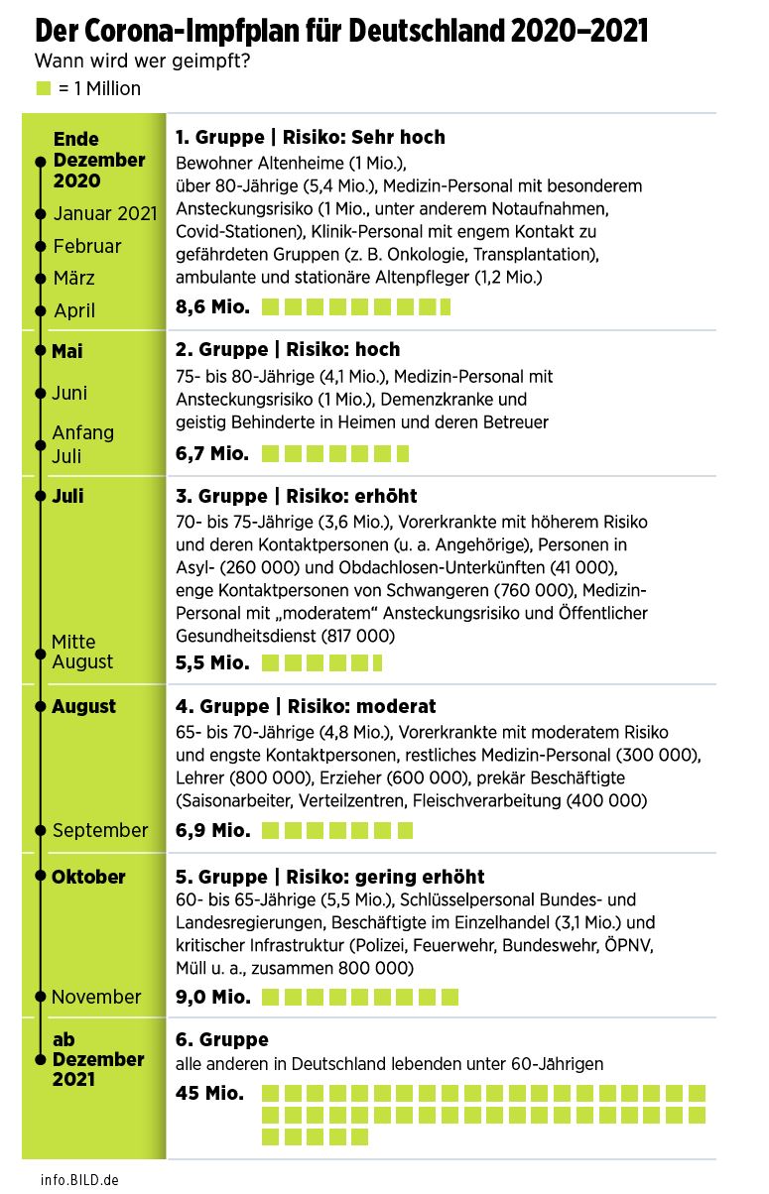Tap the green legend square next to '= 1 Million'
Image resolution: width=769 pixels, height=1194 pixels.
click(44, 88)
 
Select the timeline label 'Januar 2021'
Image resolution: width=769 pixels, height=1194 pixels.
click(105, 213)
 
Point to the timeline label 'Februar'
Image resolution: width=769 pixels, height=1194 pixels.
click(87, 246)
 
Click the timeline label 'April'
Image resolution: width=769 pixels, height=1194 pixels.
click(74, 310)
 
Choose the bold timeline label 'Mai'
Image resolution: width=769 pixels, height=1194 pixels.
click(67, 351)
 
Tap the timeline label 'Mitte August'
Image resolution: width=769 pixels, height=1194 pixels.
click(82, 652)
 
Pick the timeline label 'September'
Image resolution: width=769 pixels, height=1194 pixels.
click(100, 830)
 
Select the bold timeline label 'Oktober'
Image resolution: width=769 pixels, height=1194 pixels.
click(88, 877)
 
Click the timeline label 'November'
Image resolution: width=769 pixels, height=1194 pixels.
click(96, 997)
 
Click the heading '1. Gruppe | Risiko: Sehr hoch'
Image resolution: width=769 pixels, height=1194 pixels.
click(311, 137)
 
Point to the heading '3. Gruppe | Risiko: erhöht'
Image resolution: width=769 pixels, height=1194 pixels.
click(297, 496)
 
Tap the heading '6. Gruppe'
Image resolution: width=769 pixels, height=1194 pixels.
click(222, 1040)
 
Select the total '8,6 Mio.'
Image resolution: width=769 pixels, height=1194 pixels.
click(212, 307)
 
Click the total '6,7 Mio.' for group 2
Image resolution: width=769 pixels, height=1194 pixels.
click(212, 454)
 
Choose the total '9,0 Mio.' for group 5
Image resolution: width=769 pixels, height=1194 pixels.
click(212, 997)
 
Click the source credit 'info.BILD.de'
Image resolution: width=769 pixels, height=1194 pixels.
click(80, 1180)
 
